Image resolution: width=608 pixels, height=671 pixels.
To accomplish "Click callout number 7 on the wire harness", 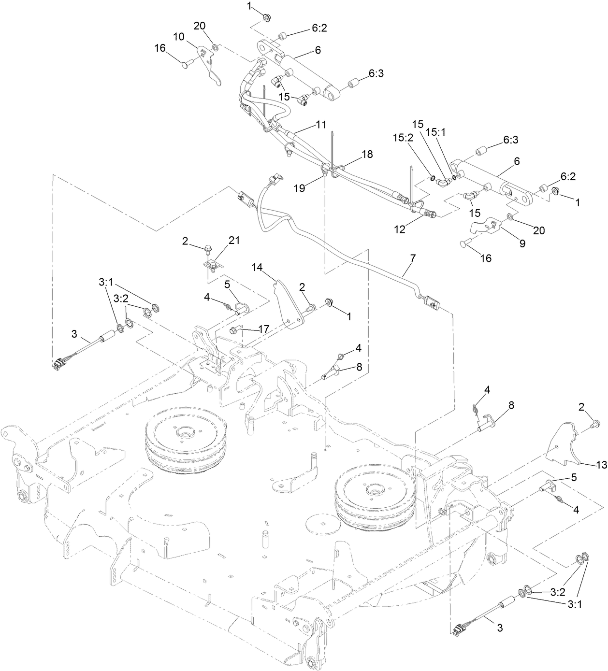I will (x=412, y=258).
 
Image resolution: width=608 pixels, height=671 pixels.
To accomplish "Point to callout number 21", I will (x=220, y=240).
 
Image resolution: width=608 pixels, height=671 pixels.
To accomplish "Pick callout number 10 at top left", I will (x=179, y=36).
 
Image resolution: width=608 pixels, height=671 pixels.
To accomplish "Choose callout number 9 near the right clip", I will (x=522, y=244).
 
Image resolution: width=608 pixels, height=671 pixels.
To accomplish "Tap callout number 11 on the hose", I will (x=321, y=124).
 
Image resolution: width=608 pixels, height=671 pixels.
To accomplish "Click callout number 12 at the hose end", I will (x=400, y=229).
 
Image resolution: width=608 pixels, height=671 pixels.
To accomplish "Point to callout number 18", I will (x=367, y=154).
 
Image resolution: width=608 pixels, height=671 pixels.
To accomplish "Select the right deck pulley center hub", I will (x=373, y=491).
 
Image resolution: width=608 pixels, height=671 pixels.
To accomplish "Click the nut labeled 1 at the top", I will (x=266, y=18).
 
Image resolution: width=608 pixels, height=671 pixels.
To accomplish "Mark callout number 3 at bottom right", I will (x=500, y=628).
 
